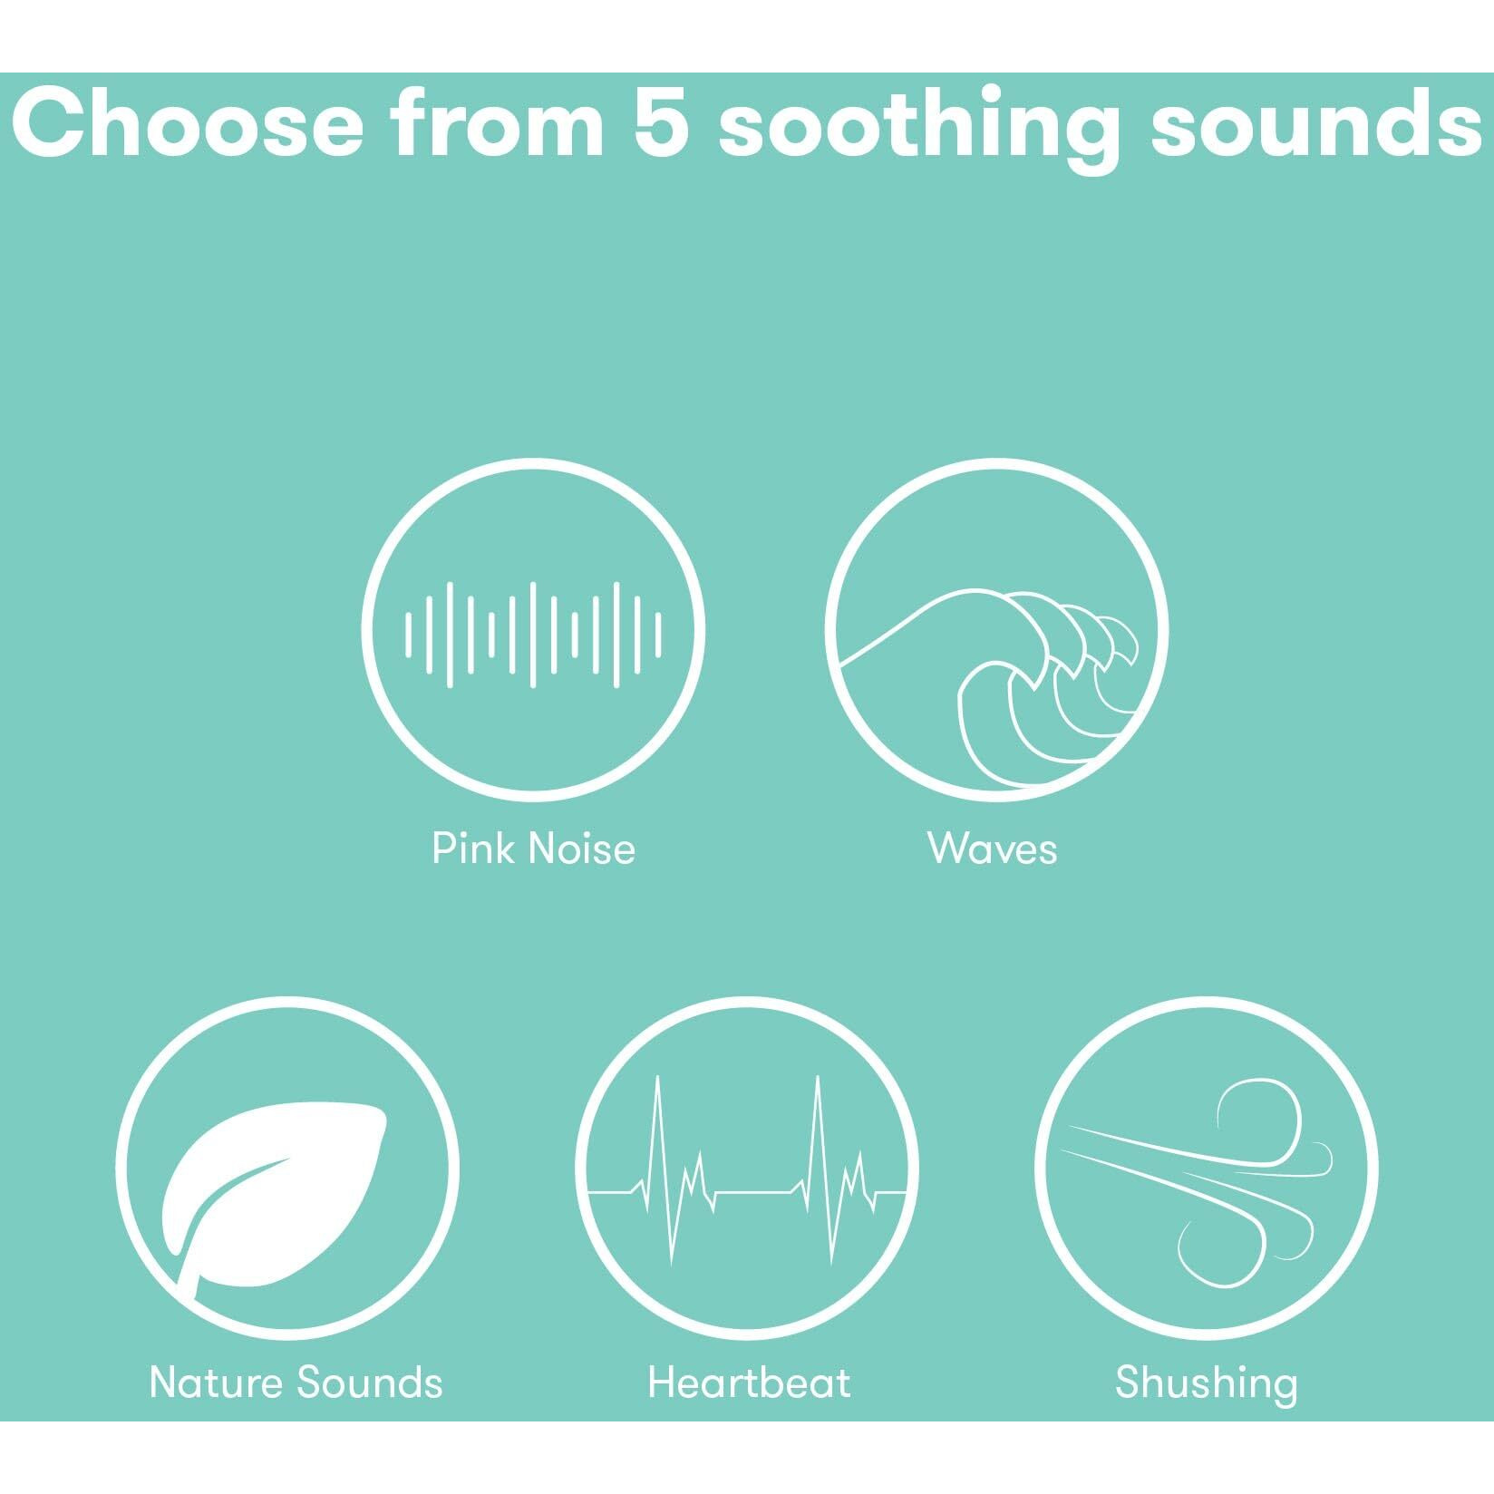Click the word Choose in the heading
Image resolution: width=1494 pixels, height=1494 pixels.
pyautogui.click(x=188, y=124)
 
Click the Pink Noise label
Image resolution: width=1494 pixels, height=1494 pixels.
pyautogui.click(x=533, y=849)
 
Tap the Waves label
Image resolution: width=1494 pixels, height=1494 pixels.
pyautogui.click(x=993, y=849)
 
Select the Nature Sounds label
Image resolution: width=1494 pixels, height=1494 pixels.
pyautogui.click(x=296, y=1382)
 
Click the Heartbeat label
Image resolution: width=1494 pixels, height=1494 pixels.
pyautogui.click(x=749, y=1382)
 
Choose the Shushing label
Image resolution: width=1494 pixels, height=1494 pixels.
pyautogui.click(x=1206, y=1384)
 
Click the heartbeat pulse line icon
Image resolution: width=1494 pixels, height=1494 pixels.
pyautogui.click(x=748, y=1171)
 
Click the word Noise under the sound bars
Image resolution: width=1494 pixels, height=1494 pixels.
pyautogui.click(x=581, y=849)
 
